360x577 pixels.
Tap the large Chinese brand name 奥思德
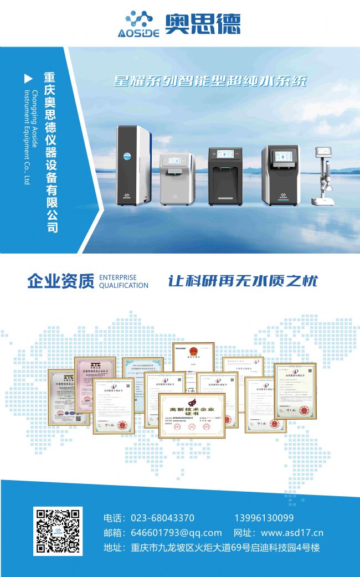pyautogui.click(x=203, y=24)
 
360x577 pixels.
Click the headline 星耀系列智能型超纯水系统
pyautogui.click(x=210, y=81)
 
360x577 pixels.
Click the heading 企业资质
pyautogui.click(x=60, y=281)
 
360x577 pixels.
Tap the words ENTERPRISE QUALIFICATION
pyautogui.click(x=124, y=281)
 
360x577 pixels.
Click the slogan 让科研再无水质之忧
pyautogui.click(x=243, y=281)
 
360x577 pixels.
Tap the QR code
pyautogui.click(x=58, y=531)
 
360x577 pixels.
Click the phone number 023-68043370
pyautogui.click(x=162, y=518)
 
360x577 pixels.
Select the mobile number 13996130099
pyautogui.click(x=264, y=518)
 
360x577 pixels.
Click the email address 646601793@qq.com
pyautogui.click(x=176, y=533)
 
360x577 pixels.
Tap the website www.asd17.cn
pyautogui.click(x=292, y=533)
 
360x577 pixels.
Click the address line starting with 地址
pyautogui.click(x=212, y=548)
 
